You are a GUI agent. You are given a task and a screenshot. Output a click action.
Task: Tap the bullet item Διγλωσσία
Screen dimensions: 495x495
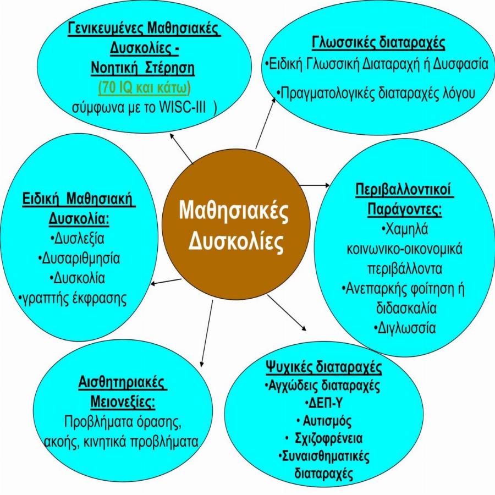coord(408,328)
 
